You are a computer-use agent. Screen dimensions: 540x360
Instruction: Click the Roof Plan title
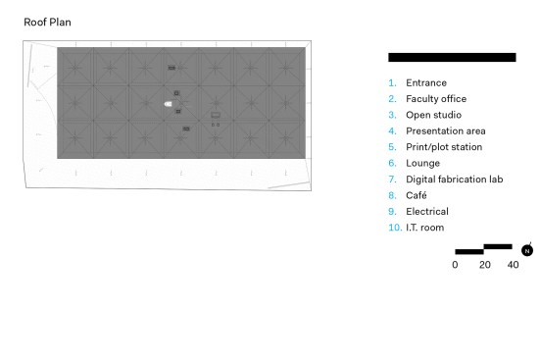(x=47, y=22)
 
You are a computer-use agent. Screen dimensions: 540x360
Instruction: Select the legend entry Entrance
(x=426, y=82)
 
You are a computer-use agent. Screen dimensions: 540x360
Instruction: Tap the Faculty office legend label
(x=436, y=99)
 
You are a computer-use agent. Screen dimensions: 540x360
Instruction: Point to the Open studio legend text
(x=433, y=115)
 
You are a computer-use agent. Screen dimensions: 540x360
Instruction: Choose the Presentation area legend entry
(x=446, y=131)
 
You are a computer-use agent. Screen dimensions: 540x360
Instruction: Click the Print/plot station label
(x=444, y=147)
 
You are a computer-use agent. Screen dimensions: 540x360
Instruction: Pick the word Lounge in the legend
(x=423, y=163)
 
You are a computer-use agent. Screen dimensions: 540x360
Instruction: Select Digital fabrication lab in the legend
(x=455, y=180)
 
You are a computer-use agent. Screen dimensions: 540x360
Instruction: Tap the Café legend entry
(x=416, y=195)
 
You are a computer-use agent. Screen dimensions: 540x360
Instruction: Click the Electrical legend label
(x=427, y=211)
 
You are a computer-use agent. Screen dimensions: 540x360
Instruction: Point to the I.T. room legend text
(x=425, y=228)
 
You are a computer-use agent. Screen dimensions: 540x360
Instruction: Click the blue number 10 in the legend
(x=395, y=228)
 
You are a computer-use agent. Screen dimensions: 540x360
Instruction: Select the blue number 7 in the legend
(x=392, y=180)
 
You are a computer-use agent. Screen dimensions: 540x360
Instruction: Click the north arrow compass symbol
(x=527, y=250)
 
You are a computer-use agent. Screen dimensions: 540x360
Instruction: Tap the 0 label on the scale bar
(x=455, y=265)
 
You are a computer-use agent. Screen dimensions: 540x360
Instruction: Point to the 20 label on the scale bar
(x=484, y=265)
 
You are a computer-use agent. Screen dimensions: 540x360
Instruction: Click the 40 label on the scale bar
(x=513, y=265)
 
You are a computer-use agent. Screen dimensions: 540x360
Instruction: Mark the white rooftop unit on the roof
(x=168, y=104)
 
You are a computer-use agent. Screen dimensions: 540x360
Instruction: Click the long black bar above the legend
(x=452, y=57)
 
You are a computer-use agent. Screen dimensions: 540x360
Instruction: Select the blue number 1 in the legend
(x=392, y=82)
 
